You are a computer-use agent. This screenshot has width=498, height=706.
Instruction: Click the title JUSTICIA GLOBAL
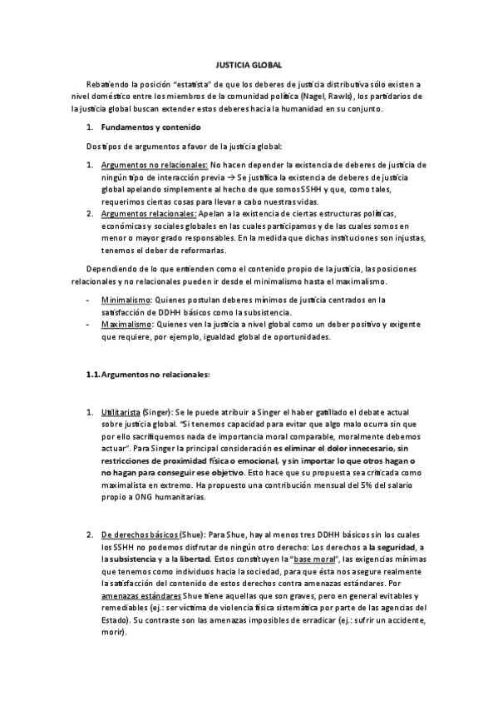[x=249, y=64]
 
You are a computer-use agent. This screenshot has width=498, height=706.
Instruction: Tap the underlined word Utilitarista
[x=120, y=413]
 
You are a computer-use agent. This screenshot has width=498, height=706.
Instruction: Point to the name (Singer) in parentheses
[x=155, y=413]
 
